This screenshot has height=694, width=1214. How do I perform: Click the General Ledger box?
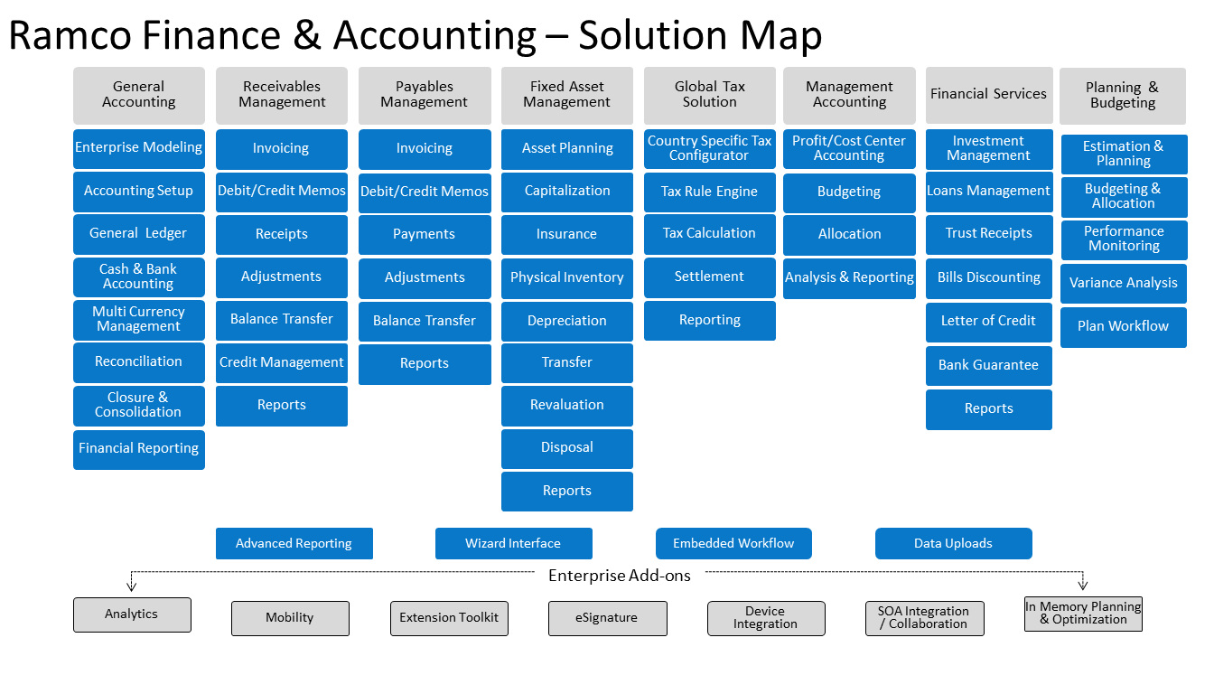coord(139,234)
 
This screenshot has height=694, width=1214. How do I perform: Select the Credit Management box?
coord(281,362)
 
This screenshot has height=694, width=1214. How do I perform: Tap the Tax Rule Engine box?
coord(709,192)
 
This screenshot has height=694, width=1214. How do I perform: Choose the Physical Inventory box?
coord(567,277)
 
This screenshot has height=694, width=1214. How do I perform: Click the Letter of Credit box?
coord(988,322)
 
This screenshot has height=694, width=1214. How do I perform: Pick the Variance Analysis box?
coord(1124,283)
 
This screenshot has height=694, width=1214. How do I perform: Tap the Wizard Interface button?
coord(513,543)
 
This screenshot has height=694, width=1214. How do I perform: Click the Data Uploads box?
coord(953,543)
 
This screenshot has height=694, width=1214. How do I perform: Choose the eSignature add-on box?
coord(608,618)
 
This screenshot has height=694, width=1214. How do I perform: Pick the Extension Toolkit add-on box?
coord(449,618)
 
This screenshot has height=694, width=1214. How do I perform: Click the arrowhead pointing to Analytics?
coord(131,586)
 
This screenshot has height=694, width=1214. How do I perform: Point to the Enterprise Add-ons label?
coord(620,576)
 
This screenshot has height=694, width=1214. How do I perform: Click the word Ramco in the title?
coord(70,36)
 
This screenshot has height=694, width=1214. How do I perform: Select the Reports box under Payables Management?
coord(425,364)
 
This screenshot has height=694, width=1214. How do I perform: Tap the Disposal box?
coord(567,448)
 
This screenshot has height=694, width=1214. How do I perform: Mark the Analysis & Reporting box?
coord(849,277)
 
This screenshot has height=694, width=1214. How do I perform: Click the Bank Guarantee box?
coord(988,365)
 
